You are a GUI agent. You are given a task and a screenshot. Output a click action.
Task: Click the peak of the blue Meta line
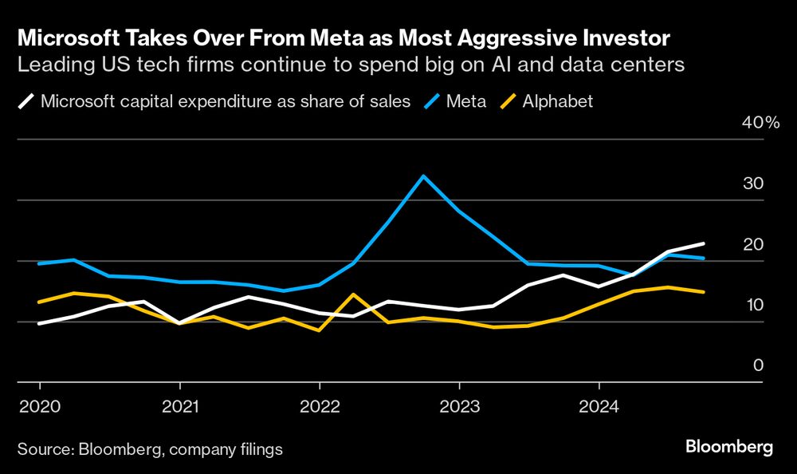[x=422, y=176]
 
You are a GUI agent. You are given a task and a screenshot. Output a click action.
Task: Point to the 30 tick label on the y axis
[x=753, y=184]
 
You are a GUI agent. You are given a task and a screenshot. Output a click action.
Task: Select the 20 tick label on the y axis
[x=753, y=244]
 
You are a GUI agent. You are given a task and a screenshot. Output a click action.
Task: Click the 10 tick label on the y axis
[x=753, y=305]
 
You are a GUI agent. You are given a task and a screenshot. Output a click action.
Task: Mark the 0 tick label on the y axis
[x=758, y=365]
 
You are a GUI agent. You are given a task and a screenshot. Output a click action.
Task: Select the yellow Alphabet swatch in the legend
[x=507, y=101]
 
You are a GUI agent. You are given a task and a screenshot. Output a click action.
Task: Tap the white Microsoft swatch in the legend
[x=26, y=101]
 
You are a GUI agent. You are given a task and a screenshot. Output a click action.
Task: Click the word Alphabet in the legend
[x=558, y=101]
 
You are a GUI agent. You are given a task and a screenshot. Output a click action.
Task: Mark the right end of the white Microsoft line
[x=704, y=243]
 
